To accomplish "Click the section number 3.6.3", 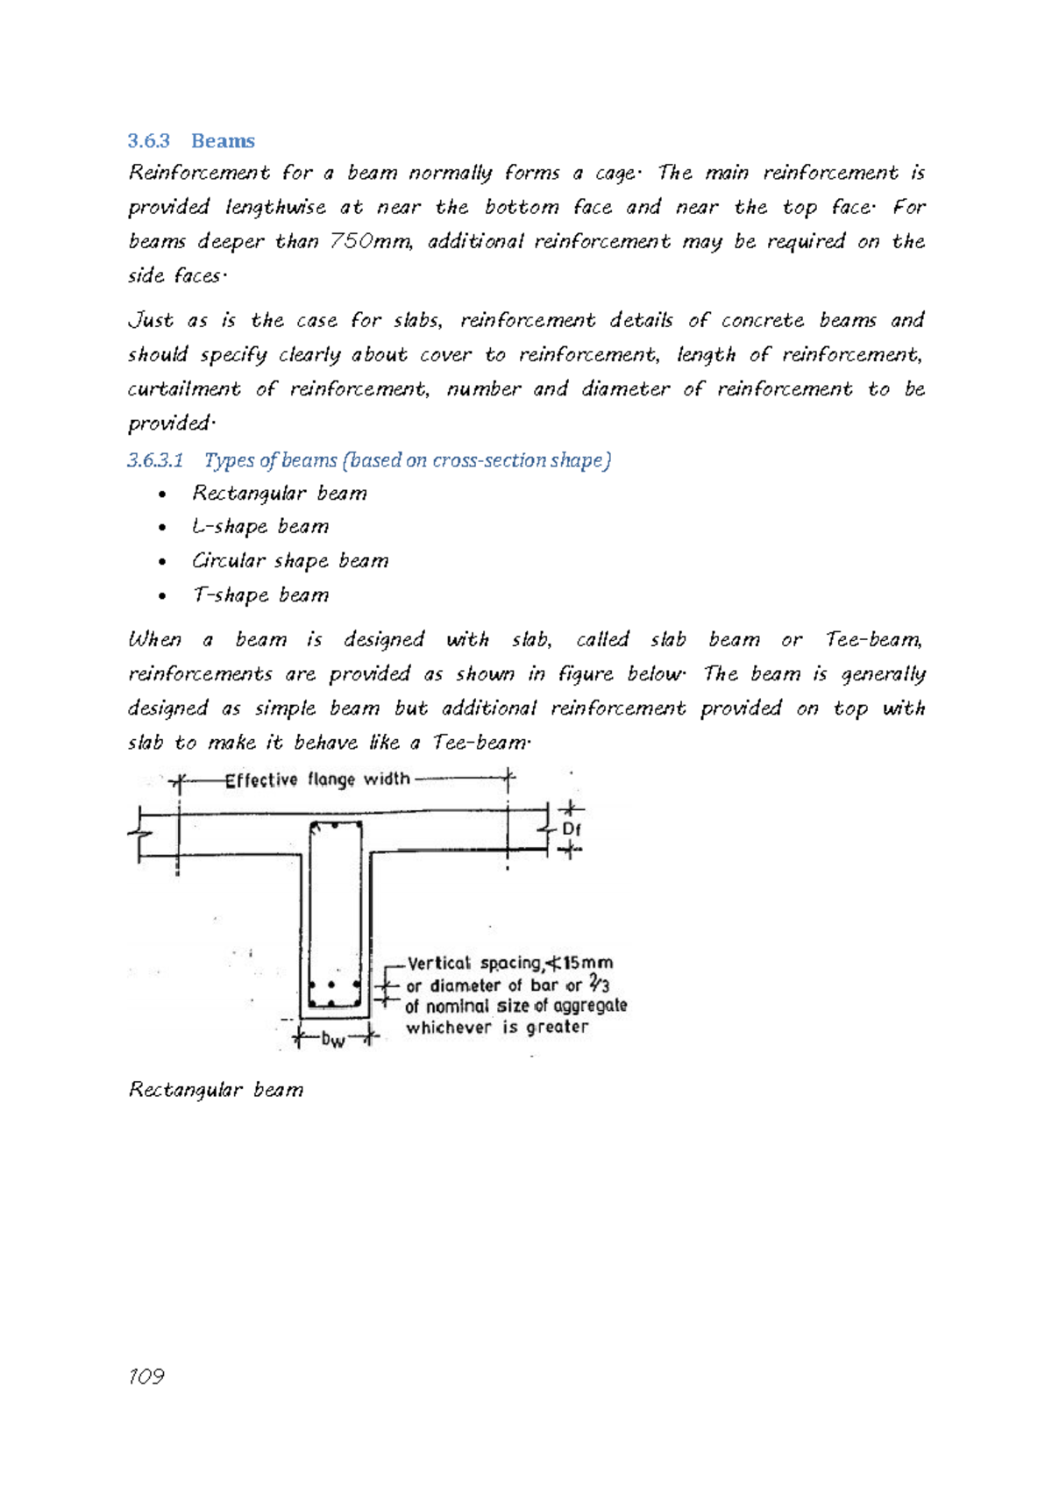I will [148, 141].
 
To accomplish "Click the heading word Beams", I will [223, 141].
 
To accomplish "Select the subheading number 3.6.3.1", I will [155, 460].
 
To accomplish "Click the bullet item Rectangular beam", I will [279, 494].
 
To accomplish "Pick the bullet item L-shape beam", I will [260, 527].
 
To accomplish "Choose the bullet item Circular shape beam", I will [289, 561].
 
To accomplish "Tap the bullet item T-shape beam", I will [260, 595].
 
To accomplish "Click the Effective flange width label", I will [317, 779].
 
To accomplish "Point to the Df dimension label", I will [571, 829].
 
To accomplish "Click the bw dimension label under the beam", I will [333, 1040].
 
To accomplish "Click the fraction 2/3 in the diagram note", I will [599, 984].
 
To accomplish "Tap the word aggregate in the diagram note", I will [589, 1006].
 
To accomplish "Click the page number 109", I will [146, 1377].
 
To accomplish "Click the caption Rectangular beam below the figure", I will [216, 1090].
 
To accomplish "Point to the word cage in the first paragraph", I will [616, 173].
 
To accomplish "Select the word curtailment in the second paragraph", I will [184, 388].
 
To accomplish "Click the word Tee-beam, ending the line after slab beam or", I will [874, 640].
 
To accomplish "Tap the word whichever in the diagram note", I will [448, 1028].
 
